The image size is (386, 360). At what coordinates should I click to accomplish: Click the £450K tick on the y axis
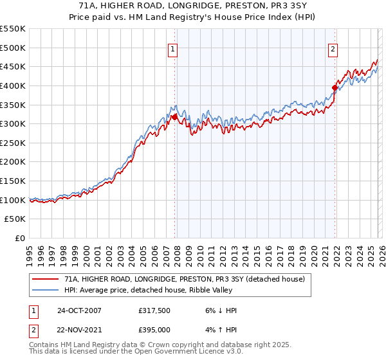tap(13, 66)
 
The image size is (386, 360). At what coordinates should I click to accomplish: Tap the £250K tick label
tap(13, 143)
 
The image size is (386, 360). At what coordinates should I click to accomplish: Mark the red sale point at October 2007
tap(174, 117)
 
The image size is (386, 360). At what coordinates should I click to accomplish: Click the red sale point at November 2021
tap(335, 87)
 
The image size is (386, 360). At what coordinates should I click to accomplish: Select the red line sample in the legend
tap(46, 278)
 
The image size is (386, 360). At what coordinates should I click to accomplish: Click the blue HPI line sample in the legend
tap(46, 289)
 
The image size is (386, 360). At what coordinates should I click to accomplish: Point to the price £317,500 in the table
tap(154, 310)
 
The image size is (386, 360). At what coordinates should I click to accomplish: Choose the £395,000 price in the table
tap(154, 328)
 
